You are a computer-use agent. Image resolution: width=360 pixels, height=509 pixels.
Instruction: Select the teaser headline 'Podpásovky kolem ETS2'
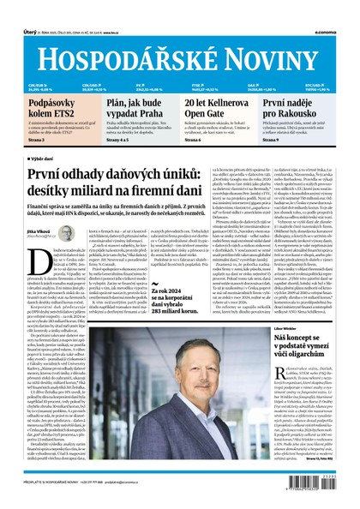pos(38,110)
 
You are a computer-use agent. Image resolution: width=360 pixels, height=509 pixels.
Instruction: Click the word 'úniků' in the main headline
pos(204,177)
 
